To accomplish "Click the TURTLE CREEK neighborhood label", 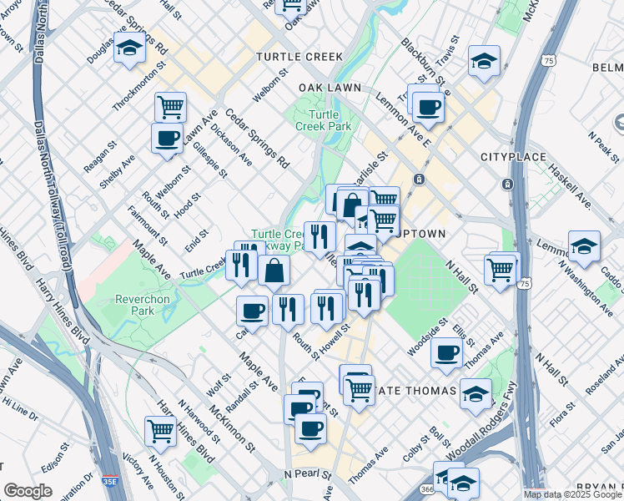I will [x=299, y=57].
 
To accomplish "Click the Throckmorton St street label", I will [x=134, y=91].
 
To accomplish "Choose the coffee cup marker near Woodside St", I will [x=447, y=353].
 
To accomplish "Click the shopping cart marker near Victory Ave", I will [x=160, y=431].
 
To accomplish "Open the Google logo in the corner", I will [x=28, y=491].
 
